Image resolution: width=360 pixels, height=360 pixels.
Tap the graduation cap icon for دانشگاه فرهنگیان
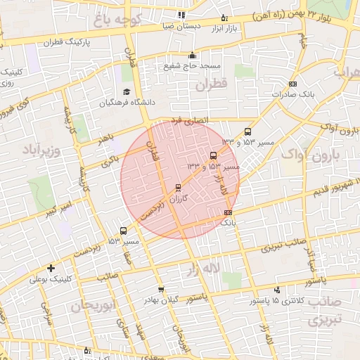pyautogui.click(x=127, y=91)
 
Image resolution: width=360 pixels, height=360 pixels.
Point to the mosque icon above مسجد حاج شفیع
pyautogui.click(x=192, y=55)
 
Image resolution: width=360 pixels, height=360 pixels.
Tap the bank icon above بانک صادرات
pyautogui.click(x=292, y=83)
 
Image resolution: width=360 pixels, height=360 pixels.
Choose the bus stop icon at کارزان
pyautogui.click(x=177, y=188)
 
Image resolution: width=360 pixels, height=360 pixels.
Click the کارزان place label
pyautogui.click(x=180, y=199)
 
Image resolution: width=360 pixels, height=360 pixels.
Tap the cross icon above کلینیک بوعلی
pyautogui.click(x=51, y=268)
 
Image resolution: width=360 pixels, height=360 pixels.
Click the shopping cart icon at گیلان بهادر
pyautogui.click(x=161, y=290)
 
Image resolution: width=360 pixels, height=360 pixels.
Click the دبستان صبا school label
pyautogui.click(x=181, y=25)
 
